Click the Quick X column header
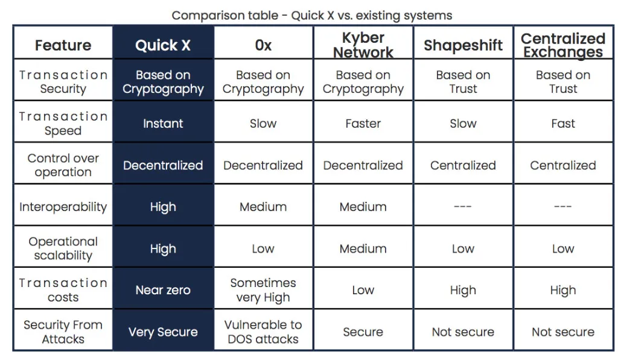click(163, 45)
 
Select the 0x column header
click(263, 45)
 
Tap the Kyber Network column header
click(363, 45)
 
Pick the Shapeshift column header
click(463, 45)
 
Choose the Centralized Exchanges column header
click(563, 45)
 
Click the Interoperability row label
click(63, 207)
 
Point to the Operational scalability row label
click(63, 248)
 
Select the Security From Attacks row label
click(63, 332)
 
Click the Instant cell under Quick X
click(163, 124)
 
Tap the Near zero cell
click(163, 290)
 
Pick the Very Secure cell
click(163, 332)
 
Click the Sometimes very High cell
click(263, 290)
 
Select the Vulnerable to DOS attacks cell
click(263, 332)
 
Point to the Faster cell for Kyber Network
click(363, 124)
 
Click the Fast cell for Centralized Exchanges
click(563, 124)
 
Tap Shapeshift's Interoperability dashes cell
click(462, 206)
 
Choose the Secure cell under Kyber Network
click(363, 332)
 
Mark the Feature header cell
click(63, 45)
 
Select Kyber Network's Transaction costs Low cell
click(363, 290)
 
